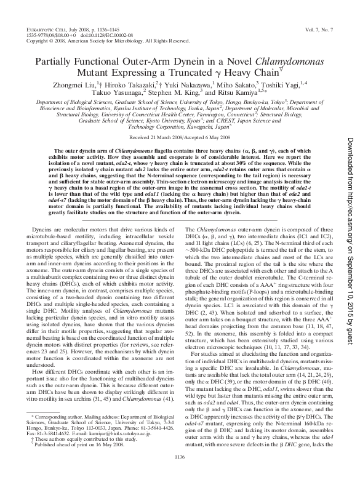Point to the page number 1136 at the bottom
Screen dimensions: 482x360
[x=180, y=473]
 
